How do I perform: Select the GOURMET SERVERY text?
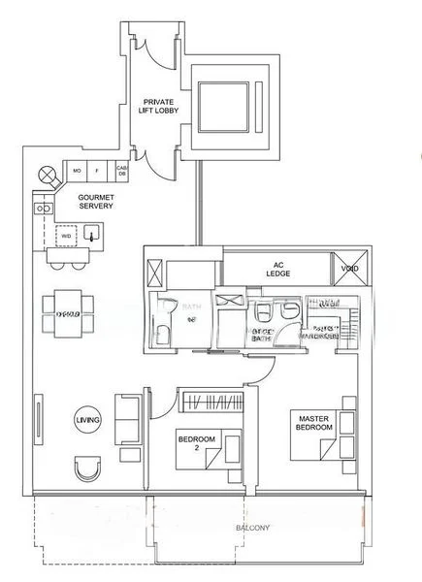coord(97,200)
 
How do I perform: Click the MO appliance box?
coord(77,173)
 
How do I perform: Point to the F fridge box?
coord(99,173)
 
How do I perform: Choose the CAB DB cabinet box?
coord(122,173)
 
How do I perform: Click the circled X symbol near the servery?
coord(47,175)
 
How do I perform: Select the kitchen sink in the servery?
coord(92,234)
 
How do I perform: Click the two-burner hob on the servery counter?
coord(42,208)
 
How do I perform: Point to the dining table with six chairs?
coord(68,313)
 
